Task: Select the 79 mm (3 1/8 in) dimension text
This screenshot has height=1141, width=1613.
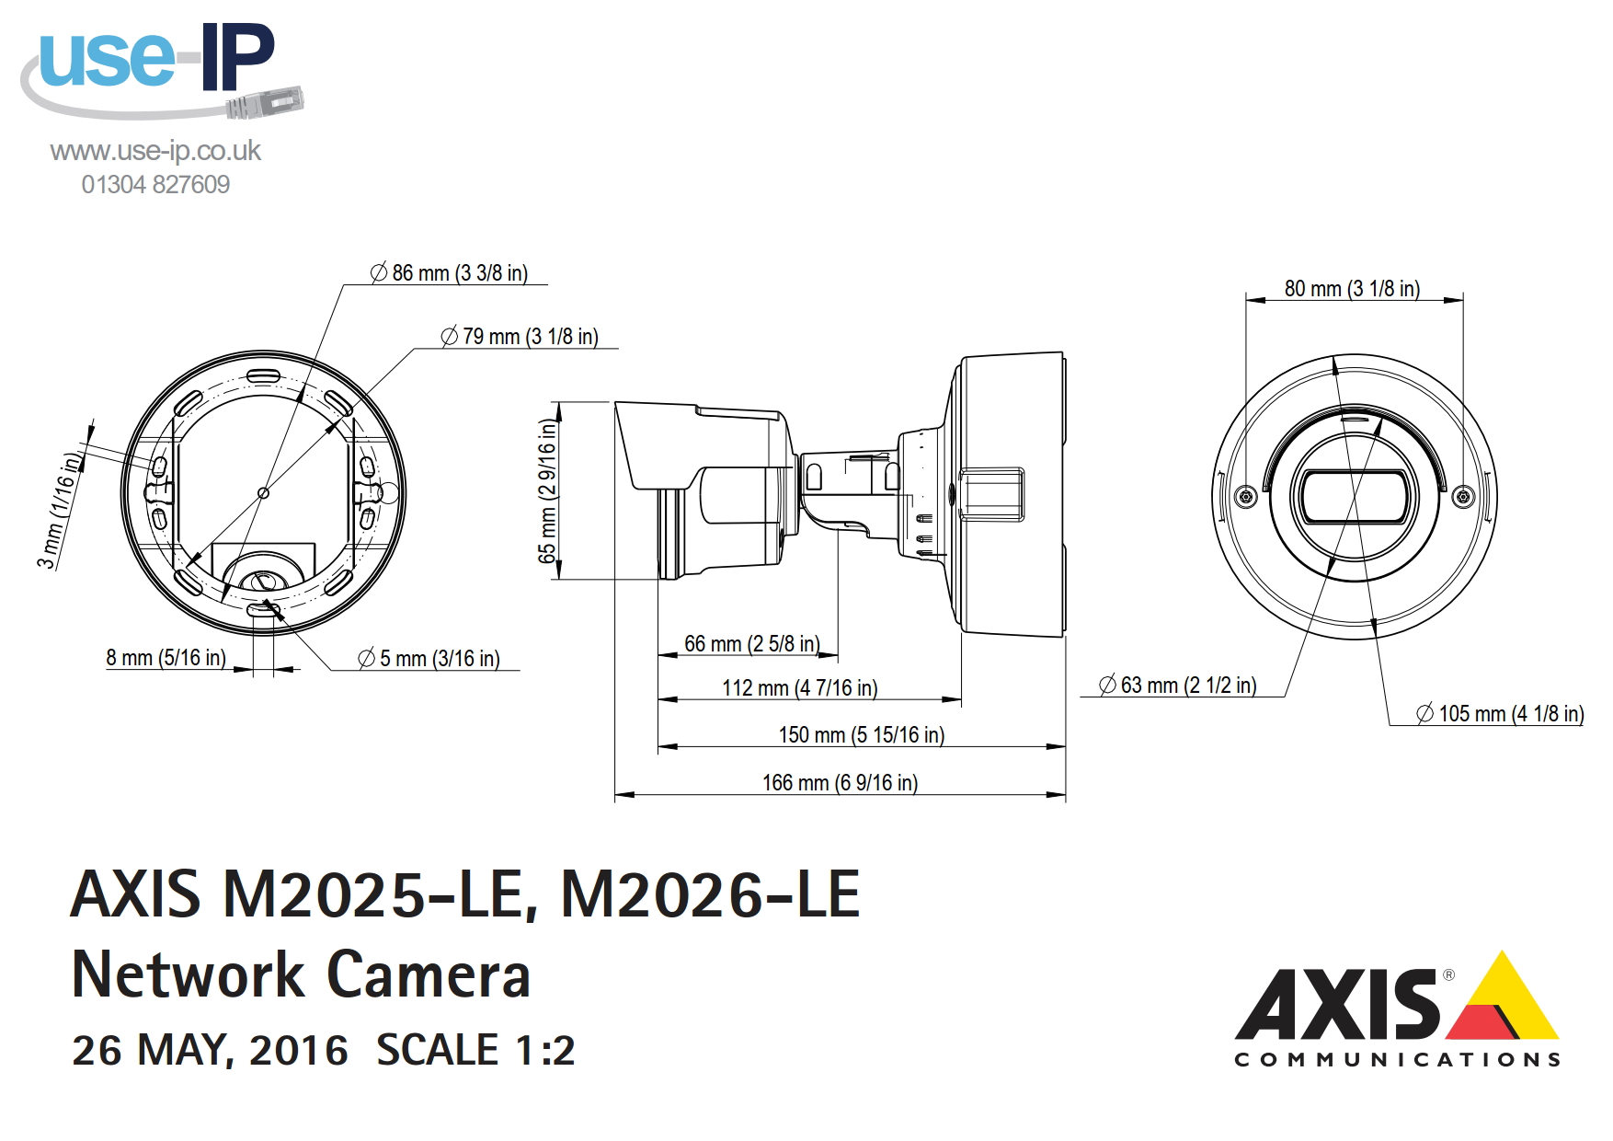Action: click(520, 337)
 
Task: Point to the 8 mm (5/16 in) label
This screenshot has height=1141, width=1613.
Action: click(166, 658)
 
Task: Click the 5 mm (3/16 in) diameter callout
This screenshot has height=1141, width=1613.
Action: click(429, 659)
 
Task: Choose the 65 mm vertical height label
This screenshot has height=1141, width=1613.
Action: click(547, 491)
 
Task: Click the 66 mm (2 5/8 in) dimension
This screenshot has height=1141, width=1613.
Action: click(751, 644)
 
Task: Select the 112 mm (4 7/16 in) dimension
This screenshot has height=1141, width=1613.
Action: click(799, 688)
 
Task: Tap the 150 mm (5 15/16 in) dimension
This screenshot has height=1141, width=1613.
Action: click(861, 735)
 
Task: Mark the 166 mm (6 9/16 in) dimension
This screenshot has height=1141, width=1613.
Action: click(840, 783)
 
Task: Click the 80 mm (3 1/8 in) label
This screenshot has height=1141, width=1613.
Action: click(1352, 289)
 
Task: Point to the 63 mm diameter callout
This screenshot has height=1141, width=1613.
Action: click(1178, 686)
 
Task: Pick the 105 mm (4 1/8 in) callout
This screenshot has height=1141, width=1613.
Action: click(1500, 714)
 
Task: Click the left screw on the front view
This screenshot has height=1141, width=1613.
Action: click(1246, 497)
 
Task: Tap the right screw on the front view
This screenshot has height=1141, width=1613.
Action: click(1463, 497)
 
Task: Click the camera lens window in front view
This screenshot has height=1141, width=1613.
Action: click(1355, 497)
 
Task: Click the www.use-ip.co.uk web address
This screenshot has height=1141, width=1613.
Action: click(155, 151)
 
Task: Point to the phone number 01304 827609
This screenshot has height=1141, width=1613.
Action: click(155, 185)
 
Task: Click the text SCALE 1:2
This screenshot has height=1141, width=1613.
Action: click(475, 1051)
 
